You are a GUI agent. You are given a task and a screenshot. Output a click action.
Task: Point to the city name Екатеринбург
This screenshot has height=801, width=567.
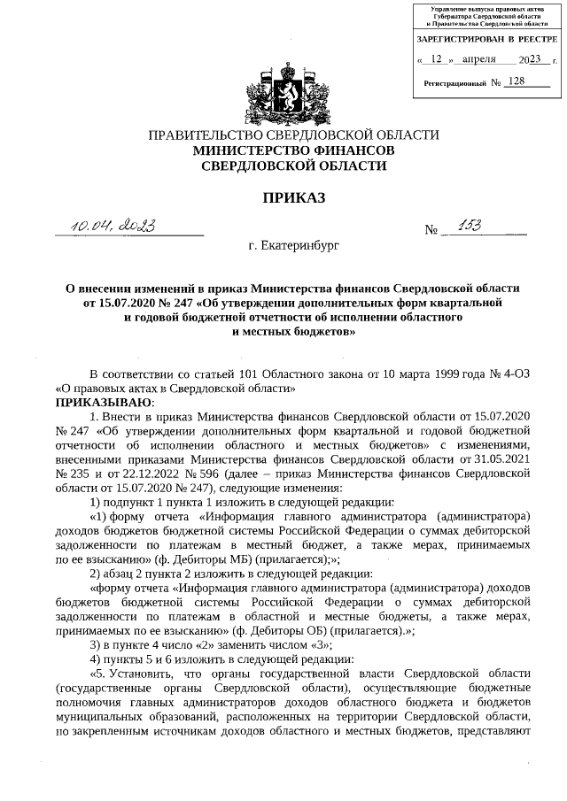coord(293,243)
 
